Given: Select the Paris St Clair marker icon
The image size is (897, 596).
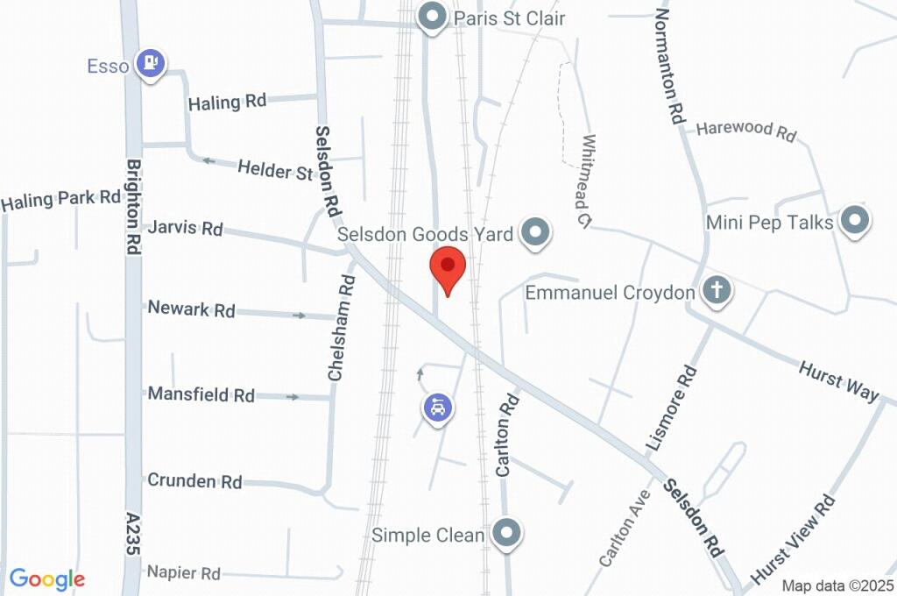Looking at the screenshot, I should click(x=431, y=18).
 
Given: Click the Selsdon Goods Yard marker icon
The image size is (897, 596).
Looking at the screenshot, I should click(x=535, y=233).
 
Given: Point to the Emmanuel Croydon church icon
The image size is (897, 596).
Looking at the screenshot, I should click(x=717, y=291).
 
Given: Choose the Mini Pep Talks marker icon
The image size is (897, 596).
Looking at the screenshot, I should click(x=854, y=221).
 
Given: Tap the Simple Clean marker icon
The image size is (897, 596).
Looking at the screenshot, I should click(x=506, y=533).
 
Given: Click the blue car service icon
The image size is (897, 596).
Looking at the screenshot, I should click(x=437, y=407).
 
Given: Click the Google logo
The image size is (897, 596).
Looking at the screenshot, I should click(x=47, y=579).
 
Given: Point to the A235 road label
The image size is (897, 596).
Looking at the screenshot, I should click(x=132, y=533).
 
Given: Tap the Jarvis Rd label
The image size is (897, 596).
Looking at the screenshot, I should click(x=186, y=228).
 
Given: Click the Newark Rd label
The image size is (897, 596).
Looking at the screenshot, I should click(x=192, y=309).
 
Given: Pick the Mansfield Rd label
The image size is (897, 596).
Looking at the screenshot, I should click(x=201, y=394).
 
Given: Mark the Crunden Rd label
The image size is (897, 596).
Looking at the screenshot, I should click(x=194, y=480).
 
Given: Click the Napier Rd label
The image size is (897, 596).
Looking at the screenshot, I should click(x=184, y=573).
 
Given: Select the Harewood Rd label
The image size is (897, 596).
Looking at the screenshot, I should click(x=746, y=130).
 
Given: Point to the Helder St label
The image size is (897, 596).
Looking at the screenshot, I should click(x=276, y=169).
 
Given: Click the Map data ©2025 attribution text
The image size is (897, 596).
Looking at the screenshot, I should click(x=837, y=586).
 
